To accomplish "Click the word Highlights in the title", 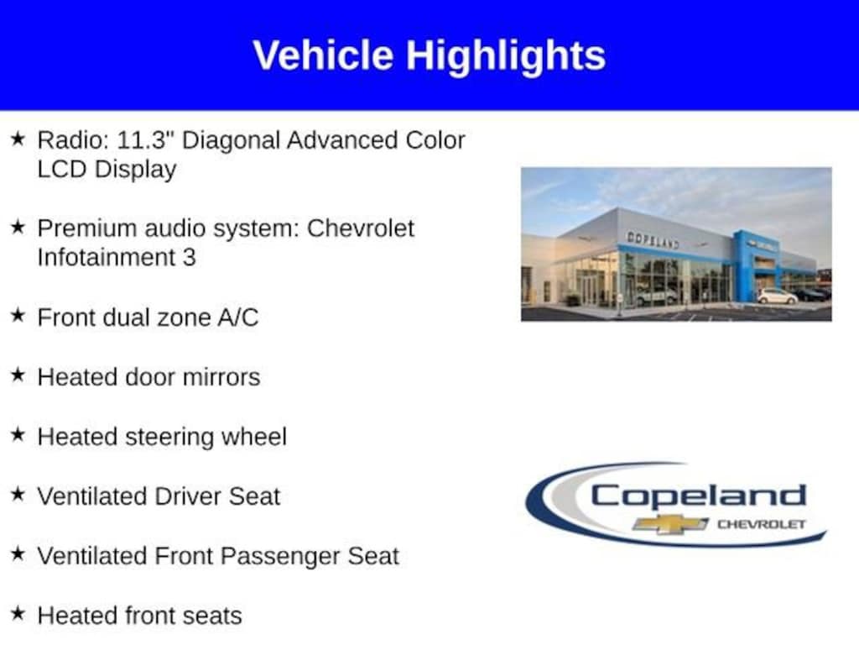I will pos(506,55).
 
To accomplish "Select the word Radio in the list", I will pos(70,139).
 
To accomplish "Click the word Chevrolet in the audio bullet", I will pos(361,228).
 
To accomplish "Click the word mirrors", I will pos(221,377).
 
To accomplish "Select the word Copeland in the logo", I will pos(698,496).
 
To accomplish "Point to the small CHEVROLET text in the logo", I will pos(761,524).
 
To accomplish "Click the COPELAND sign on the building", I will pos(653,240).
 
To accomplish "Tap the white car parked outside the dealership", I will pos(777,296).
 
